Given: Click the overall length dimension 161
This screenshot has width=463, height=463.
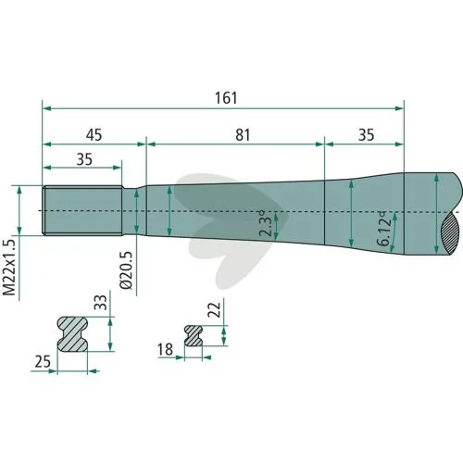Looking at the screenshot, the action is [x=226, y=98].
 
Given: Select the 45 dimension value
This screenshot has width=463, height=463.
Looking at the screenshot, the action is [x=94, y=135].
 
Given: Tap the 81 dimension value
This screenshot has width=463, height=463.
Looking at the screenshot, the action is [x=243, y=135].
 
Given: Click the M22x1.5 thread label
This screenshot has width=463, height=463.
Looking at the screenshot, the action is [x=9, y=267].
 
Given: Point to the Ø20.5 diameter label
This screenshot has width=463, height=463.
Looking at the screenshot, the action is [x=127, y=270].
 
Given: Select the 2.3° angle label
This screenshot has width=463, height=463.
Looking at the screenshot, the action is [x=266, y=224].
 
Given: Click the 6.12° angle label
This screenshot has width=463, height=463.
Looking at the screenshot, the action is [x=384, y=229].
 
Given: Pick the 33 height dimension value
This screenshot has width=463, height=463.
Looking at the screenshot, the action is [x=101, y=302].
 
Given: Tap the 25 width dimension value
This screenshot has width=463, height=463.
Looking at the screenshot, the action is [x=43, y=361].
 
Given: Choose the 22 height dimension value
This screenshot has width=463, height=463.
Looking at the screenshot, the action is [x=215, y=309].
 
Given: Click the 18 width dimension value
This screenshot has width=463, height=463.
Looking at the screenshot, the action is [x=165, y=350].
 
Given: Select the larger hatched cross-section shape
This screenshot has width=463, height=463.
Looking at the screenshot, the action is [x=72, y=333].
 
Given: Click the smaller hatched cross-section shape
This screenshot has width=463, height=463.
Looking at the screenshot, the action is [x=194, y=335].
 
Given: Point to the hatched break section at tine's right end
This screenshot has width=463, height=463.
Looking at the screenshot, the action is [x=451, y=233].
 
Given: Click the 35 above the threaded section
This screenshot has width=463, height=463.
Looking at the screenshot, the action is [x=84, y=159].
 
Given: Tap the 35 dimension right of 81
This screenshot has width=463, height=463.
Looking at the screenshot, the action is [x=366, y=135].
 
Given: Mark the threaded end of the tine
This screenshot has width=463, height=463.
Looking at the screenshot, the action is [x=82, y=211].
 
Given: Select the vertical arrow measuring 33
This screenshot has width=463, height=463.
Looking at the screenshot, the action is [x=110, y=334].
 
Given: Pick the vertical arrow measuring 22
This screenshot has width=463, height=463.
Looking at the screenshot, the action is [x=224, y=336].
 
